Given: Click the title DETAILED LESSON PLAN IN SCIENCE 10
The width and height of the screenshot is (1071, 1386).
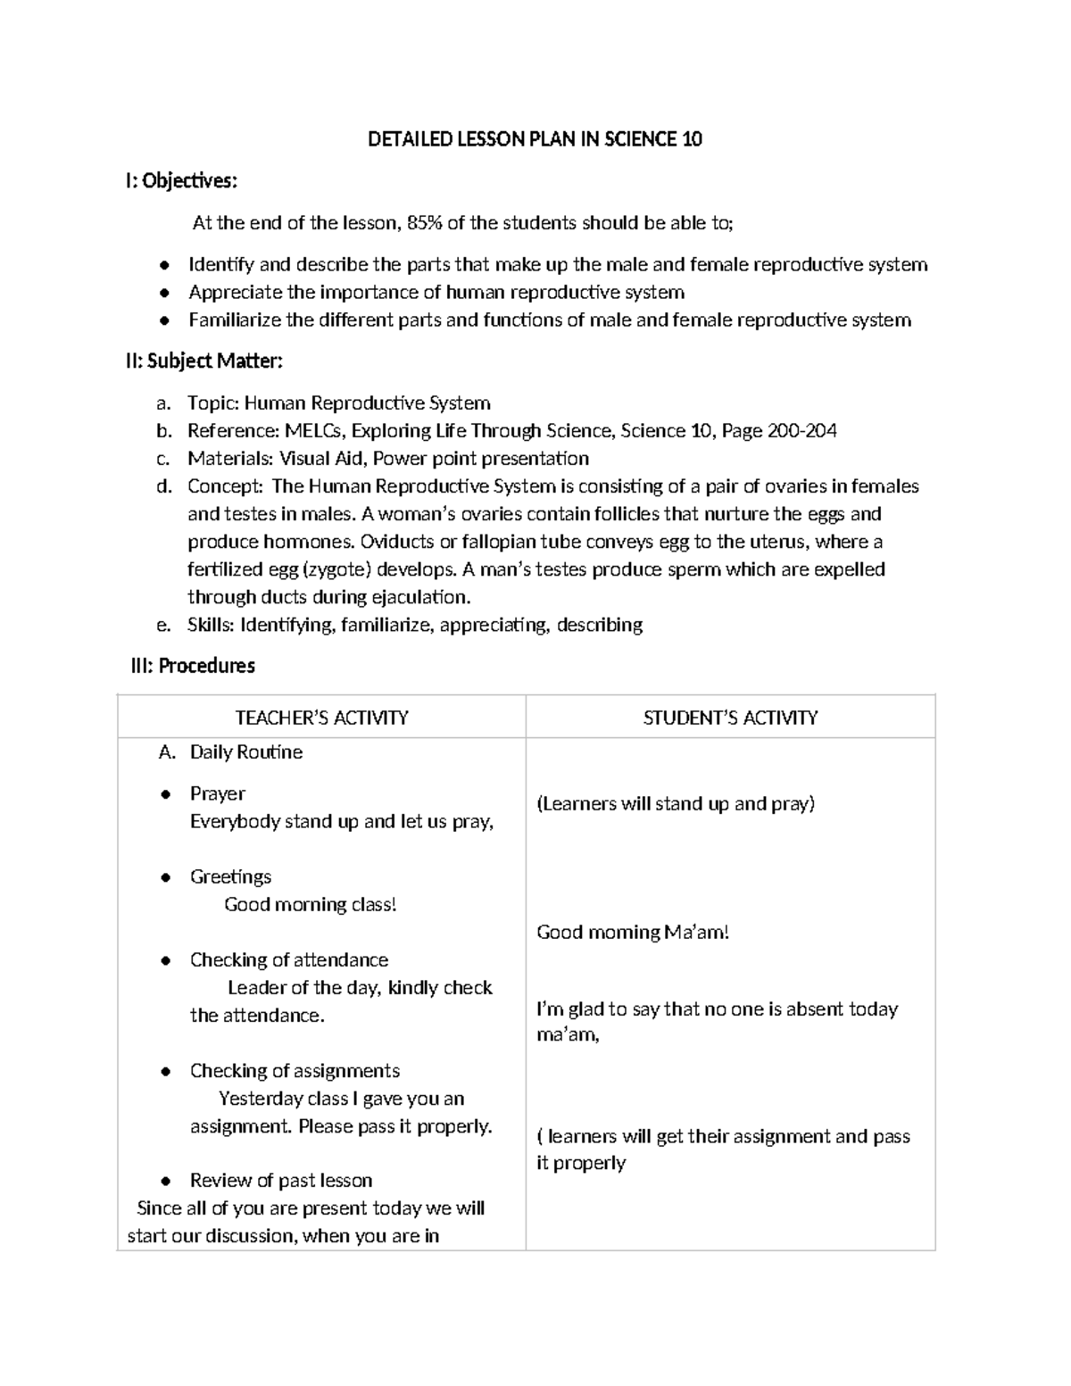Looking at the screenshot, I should (x=535, y=139).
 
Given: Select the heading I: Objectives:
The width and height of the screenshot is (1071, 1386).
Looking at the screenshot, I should (x=181, y=181).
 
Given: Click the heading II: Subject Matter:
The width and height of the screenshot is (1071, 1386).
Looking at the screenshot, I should (x=203, y=361).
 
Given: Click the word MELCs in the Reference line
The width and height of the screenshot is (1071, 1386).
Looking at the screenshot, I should (x=314, y=431).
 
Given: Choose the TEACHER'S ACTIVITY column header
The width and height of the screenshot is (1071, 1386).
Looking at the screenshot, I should (x=321, y=718).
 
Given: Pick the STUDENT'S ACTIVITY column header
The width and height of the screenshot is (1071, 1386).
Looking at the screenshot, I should (x=730, y=718).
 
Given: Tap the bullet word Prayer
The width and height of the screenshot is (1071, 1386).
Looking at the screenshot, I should (x=217, y=793).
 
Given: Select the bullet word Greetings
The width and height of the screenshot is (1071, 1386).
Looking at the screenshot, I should (x=230, y=876).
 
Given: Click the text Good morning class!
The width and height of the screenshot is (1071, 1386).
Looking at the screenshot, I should (x=310, y=904).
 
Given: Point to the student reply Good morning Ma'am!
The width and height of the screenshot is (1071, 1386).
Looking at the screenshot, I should (x=633, y=933).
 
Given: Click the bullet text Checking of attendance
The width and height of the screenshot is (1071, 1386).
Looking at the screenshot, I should (x=288, y=959).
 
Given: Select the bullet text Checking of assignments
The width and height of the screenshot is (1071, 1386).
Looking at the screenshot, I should (x=295, y=1070).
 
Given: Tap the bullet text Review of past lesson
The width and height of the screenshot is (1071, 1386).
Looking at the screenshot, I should (x=280, y=1181).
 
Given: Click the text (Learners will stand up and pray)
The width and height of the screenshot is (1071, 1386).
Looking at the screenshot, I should (x=676, y=803).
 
